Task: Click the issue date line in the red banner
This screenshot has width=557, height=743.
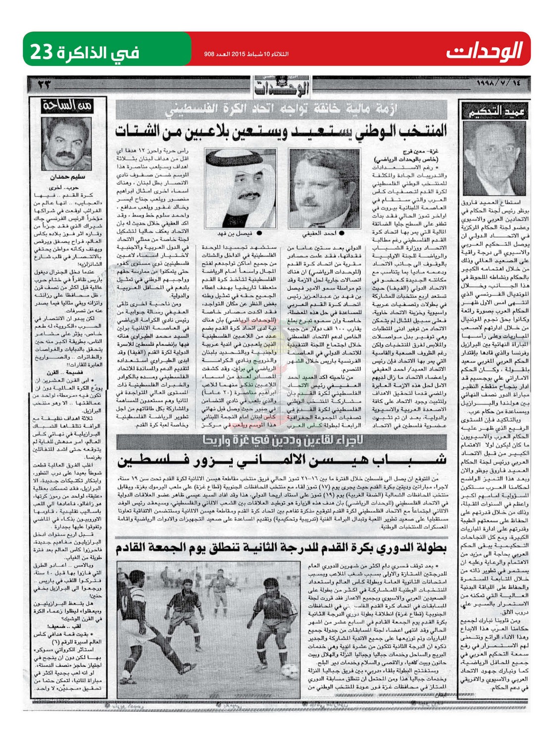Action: [246, 53]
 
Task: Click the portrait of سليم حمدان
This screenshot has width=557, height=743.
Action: [67, 144]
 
